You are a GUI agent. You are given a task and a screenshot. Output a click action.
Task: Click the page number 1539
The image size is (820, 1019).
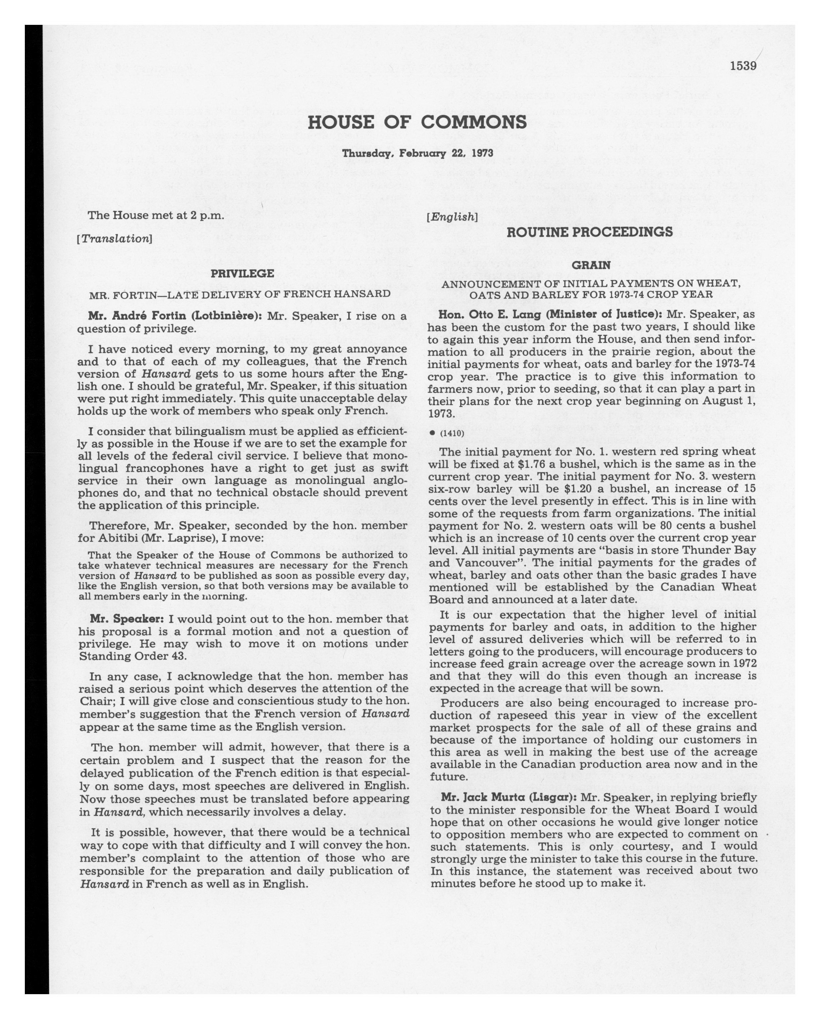tap(743, 66)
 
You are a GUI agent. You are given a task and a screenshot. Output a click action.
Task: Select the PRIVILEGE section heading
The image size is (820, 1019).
tap(242, 273)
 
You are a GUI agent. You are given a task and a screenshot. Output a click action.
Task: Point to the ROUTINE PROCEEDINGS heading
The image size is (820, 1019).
tap(590, 232)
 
